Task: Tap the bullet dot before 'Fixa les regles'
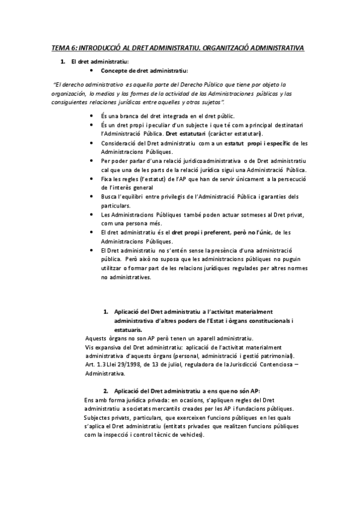(x=91, y=179)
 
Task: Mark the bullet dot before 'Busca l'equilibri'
(x=91, y=197)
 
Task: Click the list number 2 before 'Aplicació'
(x=106, y=391)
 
